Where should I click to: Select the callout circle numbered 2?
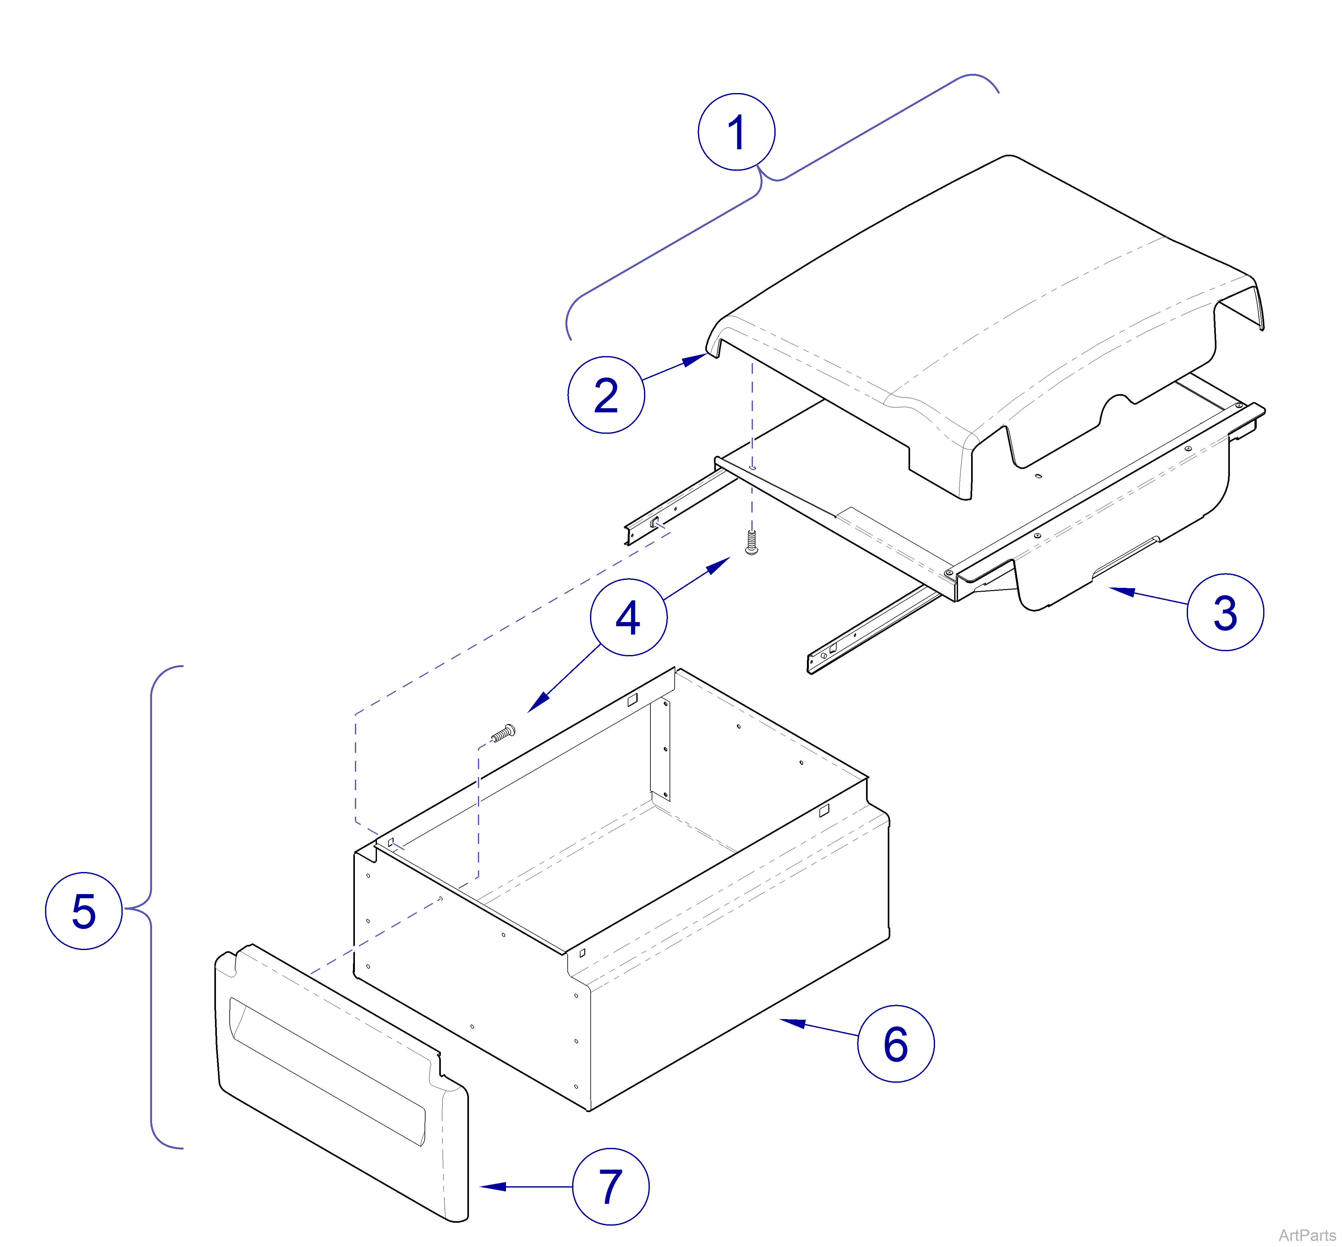click(x=606, y=395)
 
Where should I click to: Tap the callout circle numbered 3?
click(x=1225, y=612)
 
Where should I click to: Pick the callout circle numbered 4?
click(x=628, y=617)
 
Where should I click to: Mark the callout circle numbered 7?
click(x=610, y=1186)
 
